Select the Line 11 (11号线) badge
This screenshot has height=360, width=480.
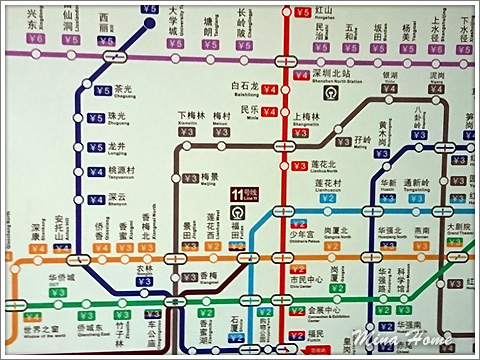[x=239, y=194]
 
